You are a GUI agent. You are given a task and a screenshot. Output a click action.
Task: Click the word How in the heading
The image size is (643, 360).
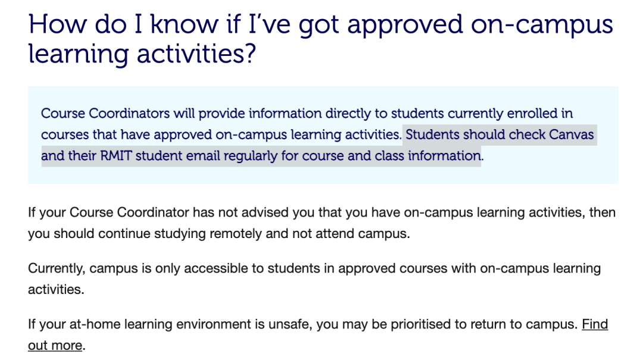(57, 24)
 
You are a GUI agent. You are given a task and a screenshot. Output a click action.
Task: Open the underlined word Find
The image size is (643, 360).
(595, 324)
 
